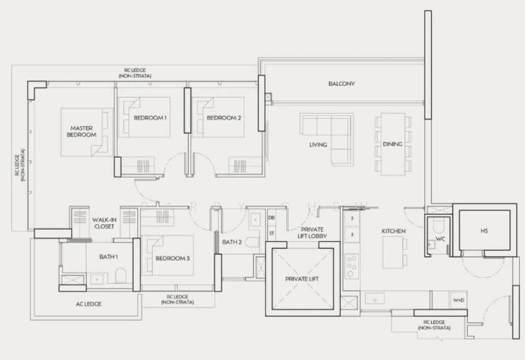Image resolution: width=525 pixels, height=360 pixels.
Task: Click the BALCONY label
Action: (341, 84)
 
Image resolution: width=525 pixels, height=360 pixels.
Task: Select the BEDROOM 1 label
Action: (150, 118)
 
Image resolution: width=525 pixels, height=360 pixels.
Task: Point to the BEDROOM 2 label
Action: (224, 118)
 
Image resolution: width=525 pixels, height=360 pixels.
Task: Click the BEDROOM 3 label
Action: (173, 258)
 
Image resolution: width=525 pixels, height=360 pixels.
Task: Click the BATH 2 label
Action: (232, 242)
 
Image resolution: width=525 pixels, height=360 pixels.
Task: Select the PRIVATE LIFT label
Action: (301, 279)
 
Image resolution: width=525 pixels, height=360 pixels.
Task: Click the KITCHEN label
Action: (394, 231)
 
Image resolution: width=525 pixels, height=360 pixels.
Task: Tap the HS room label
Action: (484, 231)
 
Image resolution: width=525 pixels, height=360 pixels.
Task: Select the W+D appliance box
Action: (458, 300)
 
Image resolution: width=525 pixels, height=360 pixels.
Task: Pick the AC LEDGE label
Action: (89, 304)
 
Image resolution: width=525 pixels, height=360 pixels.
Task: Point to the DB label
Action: (271, 218)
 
